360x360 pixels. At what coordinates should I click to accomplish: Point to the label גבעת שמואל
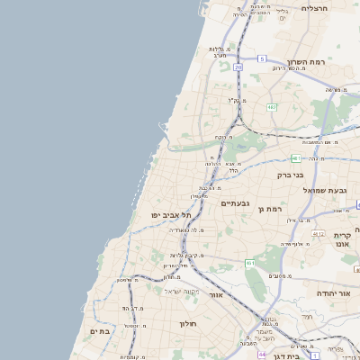pyautogui.click(x=324, y=189)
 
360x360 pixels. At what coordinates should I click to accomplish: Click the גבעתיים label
pyautogui.click(x=234, y=203)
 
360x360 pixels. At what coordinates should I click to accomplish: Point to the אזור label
pyautogui.click(x=215, y=294)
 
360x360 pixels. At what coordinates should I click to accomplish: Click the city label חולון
pyautogui.click(x=187, y=323)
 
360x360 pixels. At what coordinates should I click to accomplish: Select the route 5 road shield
pyautogui.click(x=262, y=58)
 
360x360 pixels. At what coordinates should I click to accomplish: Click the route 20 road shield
pyautogui.click(x=238, y=67)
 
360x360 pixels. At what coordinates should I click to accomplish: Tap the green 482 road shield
pyautogui.click(x=272, y=107)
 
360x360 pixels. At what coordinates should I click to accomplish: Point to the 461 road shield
pyautogui.click(x=249, y=263)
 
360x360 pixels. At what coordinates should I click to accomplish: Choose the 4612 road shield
pyautogui.click(x=317, y=233)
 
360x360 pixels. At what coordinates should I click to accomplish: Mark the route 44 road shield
pyautogui.click(x=261, y=355)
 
